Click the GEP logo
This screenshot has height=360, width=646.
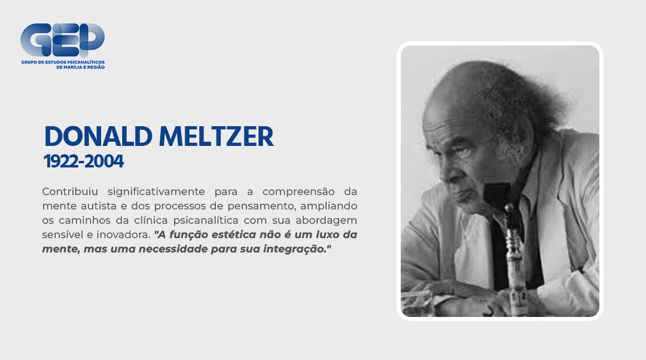62,40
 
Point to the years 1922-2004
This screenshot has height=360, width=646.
83,161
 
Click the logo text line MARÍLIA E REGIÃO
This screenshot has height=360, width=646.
80,68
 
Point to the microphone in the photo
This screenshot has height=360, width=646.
511,251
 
